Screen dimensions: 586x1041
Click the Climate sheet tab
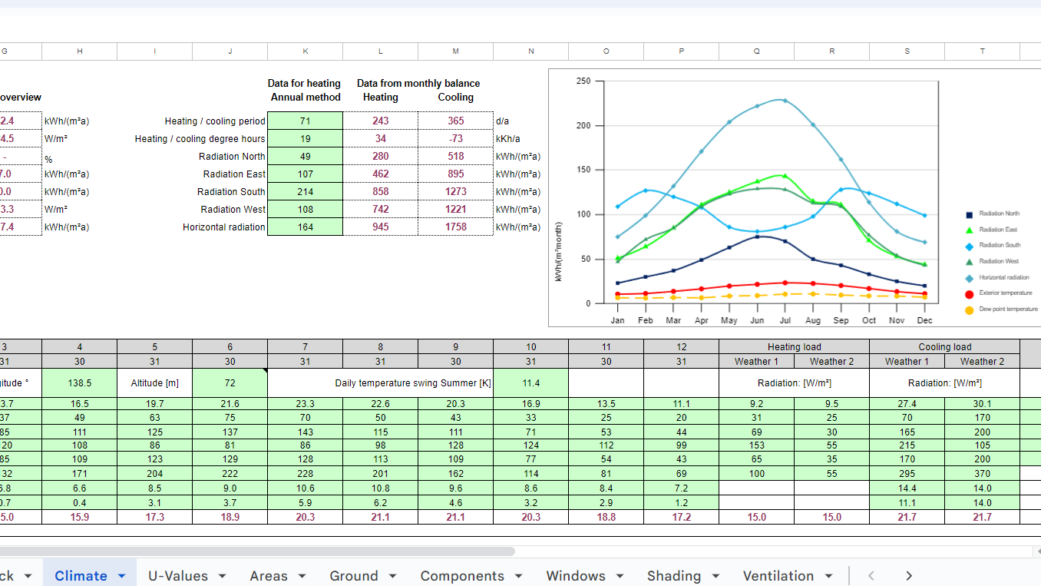(x=81, y=576)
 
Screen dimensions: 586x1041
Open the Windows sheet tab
(x=576, y=576)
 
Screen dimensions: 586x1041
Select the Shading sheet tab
(x=674, y=576)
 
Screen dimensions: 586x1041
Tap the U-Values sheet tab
(x=178, y=576)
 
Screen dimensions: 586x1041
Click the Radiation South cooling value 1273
(x=456, y=192)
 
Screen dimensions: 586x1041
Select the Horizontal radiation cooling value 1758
(x=456, y=227)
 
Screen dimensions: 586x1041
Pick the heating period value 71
(x=306, y=121)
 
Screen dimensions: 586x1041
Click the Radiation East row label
(x=234, y=174)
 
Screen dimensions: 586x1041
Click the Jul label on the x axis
(x=785, y=320)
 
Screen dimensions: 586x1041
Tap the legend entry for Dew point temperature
(x=1008, y=310)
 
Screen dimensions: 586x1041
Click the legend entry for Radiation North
(x=999, y=214)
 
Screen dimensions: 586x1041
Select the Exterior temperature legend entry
(x=1005, y=293)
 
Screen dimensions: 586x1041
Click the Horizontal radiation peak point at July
(x=784, y=100)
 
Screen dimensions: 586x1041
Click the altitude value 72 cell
(x=230, y=382)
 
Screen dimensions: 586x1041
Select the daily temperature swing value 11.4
(x=530, y=382)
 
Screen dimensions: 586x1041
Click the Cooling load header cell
(x=944, y=347)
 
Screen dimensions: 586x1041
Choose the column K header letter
(x=306, y=51)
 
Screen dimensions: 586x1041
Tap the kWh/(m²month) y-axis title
(x=560, y=250)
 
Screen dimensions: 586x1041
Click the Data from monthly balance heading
(x=418, y=84)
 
